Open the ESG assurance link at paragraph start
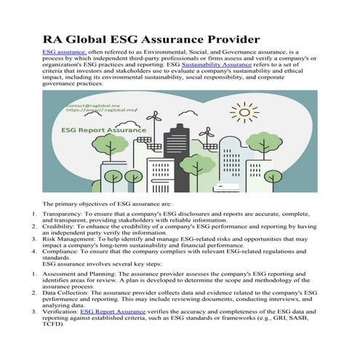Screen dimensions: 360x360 65,53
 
